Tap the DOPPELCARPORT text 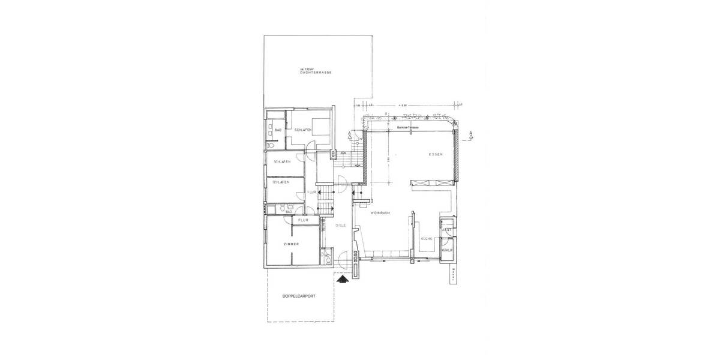299,296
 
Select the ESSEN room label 435,155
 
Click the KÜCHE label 427,239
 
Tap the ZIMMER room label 292,245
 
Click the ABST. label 446,230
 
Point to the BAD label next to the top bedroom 278,130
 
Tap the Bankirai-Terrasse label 408,128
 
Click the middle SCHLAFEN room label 282,162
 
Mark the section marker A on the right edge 472,133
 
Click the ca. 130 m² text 307,68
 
